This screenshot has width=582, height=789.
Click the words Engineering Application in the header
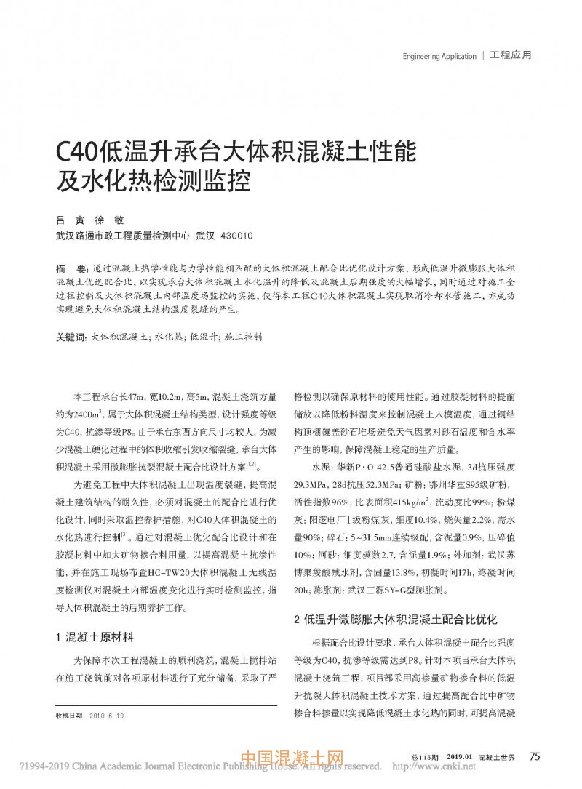coord(439,55)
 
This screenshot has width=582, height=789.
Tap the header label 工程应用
coord(510,55)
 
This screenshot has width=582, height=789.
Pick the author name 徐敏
coord(115,219)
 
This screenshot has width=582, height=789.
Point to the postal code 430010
coord(236,236)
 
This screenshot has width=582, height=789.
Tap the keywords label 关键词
coord(71,337)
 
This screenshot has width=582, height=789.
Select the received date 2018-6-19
coord(105,716)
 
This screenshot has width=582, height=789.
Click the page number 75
coord(535,756)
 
